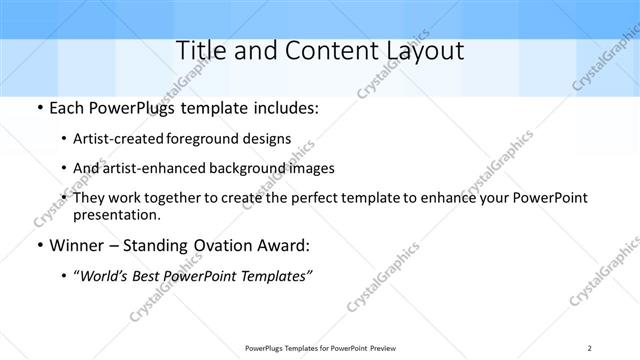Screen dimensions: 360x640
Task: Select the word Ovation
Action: click(x=220, y=244)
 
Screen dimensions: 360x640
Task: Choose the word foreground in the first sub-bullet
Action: click(x=217, y=138)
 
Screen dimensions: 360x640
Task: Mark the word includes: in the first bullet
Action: click(x=286, y=108)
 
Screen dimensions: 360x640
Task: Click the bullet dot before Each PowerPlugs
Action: click(x=38, y=108)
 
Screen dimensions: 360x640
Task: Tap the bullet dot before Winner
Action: click(x=38, y=244)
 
